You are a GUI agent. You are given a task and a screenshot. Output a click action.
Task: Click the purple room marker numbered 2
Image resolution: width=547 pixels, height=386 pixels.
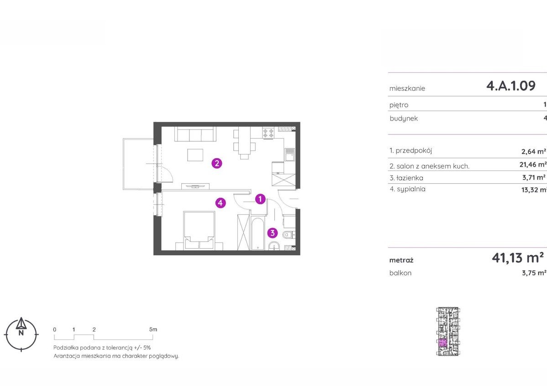(217, 163)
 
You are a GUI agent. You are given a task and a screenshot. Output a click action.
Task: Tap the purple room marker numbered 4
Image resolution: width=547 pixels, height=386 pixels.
(221, 203)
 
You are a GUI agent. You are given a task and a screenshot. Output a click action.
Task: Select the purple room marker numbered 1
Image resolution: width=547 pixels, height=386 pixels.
(260, 199)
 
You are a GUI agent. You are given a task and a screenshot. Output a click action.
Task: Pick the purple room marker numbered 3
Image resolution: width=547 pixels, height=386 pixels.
(273, 233)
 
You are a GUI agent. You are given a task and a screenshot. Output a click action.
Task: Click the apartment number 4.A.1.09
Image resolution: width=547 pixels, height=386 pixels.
(511, 86)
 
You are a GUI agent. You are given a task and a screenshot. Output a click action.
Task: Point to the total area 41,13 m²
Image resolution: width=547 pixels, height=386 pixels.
(518, 258)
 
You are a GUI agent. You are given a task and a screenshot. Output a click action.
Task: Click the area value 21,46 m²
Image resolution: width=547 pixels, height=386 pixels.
(533, 165)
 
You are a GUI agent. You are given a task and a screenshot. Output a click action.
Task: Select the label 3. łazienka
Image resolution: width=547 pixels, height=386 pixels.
(406, 178)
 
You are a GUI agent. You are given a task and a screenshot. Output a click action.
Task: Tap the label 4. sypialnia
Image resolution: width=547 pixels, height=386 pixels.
(407, 189)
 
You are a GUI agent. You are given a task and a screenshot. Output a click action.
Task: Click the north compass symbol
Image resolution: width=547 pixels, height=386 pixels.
(21, 334)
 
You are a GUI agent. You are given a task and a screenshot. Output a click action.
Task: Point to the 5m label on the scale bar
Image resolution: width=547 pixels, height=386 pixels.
(153, 329)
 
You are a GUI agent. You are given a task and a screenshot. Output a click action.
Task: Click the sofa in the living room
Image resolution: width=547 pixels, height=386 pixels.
(195, 134)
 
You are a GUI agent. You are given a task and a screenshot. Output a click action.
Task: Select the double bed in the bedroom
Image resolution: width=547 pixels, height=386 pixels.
(199, 231)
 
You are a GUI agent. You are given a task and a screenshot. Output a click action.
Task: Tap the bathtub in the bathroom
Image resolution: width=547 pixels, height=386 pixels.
(258, 234)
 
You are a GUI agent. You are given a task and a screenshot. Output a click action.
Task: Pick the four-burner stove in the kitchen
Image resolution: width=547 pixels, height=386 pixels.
(268, 133)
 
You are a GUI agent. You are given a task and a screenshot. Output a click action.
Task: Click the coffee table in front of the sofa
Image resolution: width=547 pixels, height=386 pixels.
(195, 155)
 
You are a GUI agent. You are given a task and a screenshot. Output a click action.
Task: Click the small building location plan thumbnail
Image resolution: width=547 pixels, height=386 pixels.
(448, 331)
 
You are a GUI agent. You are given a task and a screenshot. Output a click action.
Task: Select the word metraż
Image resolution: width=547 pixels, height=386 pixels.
(401, 260)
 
